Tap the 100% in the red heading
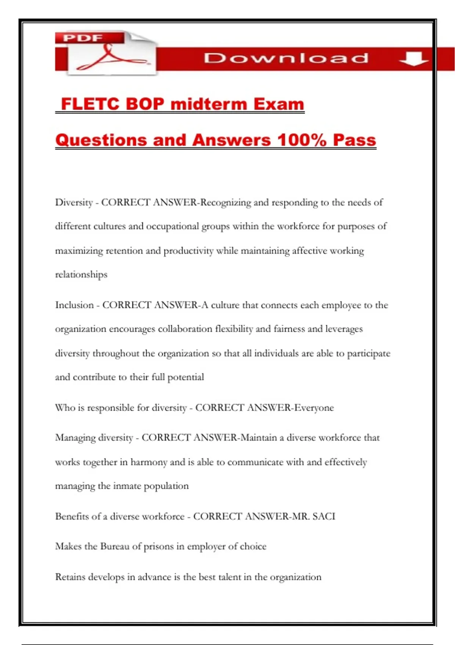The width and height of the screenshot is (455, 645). pos(302,140)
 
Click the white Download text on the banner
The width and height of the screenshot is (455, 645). pos(286,58)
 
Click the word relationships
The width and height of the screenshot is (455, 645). pos(81,275)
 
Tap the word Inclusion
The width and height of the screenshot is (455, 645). pos(74,305)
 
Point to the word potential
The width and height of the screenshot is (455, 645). pos(185,377)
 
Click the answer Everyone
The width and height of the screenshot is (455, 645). pos(314,408)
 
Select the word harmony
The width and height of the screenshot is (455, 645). pos(149,462)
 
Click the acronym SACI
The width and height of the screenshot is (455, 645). pos(324,516)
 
